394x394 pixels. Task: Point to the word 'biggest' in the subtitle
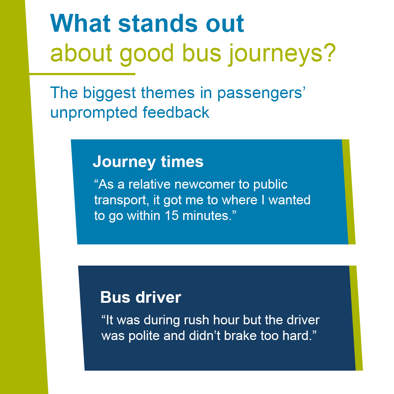[x=109, y=93]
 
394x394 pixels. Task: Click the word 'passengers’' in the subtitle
[x=261, y=93]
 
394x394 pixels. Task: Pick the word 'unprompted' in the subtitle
[x=94, y=113]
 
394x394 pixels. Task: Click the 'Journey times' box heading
[x=148, y=162]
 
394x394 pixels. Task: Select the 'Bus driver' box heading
[x=141, y=297]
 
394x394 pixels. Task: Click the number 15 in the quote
[x=171, y=216]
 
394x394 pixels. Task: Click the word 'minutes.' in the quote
[x=207, y=216]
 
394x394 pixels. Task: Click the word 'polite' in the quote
[x=144, y=336]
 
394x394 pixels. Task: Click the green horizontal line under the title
[x=82, y=74]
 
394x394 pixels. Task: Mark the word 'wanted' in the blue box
[x=289, y=200]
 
